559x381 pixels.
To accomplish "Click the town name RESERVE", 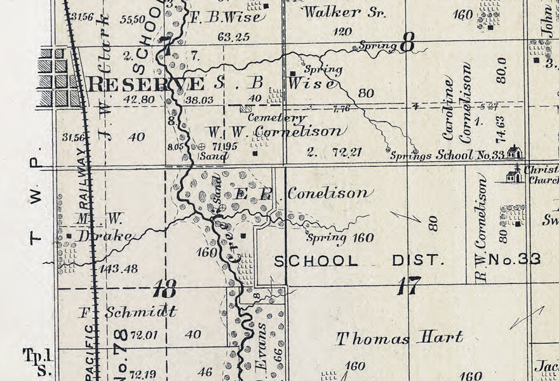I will pyautogui.click(x=146, y=84).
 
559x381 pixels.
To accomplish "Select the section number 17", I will pyautogui.click(x=408, y=286).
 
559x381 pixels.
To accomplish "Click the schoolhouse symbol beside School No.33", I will pyautogui.click(x=514, y=152).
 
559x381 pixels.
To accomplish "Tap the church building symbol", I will pyautogui.click(x=515, y=175).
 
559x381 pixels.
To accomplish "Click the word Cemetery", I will pyautogui.click(x=276, y=117).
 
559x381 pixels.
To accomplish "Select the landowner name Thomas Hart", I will pyautogui.click(x=400, y=338).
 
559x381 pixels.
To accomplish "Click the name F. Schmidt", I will pyautogui.click(x=128, y=312).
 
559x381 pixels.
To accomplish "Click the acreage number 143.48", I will pyautogui.click(x=118, y=269).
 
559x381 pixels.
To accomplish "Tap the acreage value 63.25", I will pyautogui.click(x=233, y=37).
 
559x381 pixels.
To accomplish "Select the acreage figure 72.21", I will pyautogui.click(x=346, y=152).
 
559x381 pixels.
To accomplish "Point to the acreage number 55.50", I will pyautogui.click(x=131, y=20).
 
